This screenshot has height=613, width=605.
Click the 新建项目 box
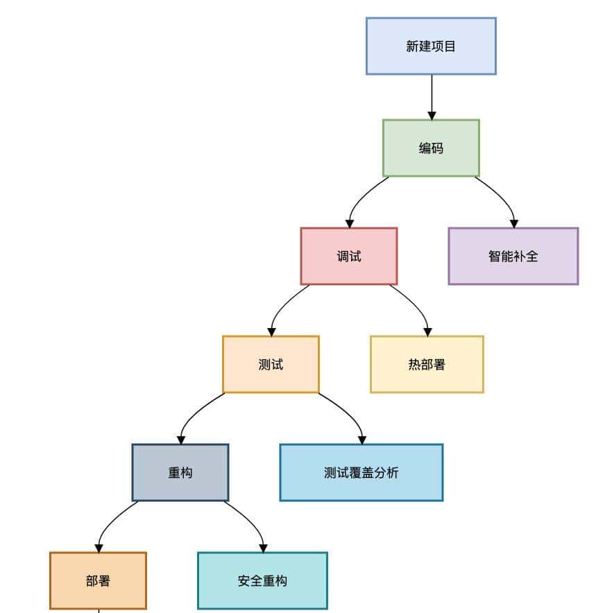(431, 46)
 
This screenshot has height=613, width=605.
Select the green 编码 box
(431, 148)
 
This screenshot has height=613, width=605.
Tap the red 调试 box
(349, 256)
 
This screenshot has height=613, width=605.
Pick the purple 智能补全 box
(513, 256)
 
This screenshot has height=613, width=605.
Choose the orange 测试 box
(271, 364)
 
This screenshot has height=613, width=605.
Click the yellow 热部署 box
(427, 364)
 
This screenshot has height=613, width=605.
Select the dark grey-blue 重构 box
(180, 472)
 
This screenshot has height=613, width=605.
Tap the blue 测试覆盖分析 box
(361, 472)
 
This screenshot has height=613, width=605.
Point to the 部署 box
(98, 580)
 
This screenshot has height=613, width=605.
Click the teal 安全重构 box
(262, 580)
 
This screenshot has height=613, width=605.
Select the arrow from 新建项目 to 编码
(432, 97)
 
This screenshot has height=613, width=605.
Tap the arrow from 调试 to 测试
(280, 306)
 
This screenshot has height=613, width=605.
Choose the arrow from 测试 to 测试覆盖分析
(349, 413)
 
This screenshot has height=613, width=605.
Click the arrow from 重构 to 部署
(109, 523)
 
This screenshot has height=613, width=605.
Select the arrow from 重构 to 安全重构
(252, 521)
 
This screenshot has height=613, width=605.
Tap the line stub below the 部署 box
(99, 611)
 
